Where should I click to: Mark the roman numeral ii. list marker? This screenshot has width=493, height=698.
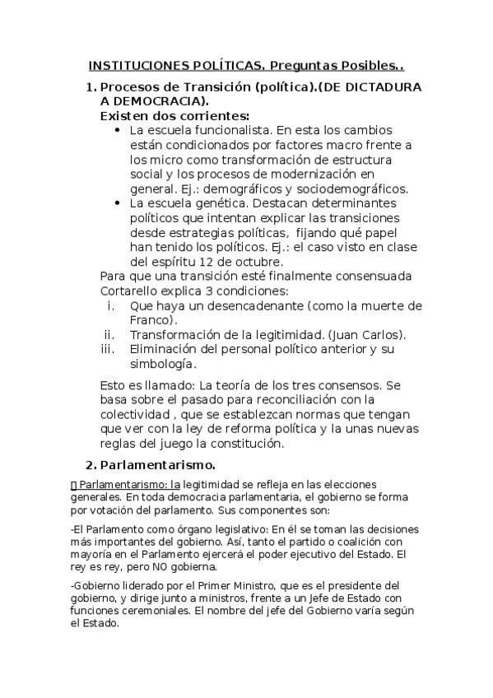point(108,334)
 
